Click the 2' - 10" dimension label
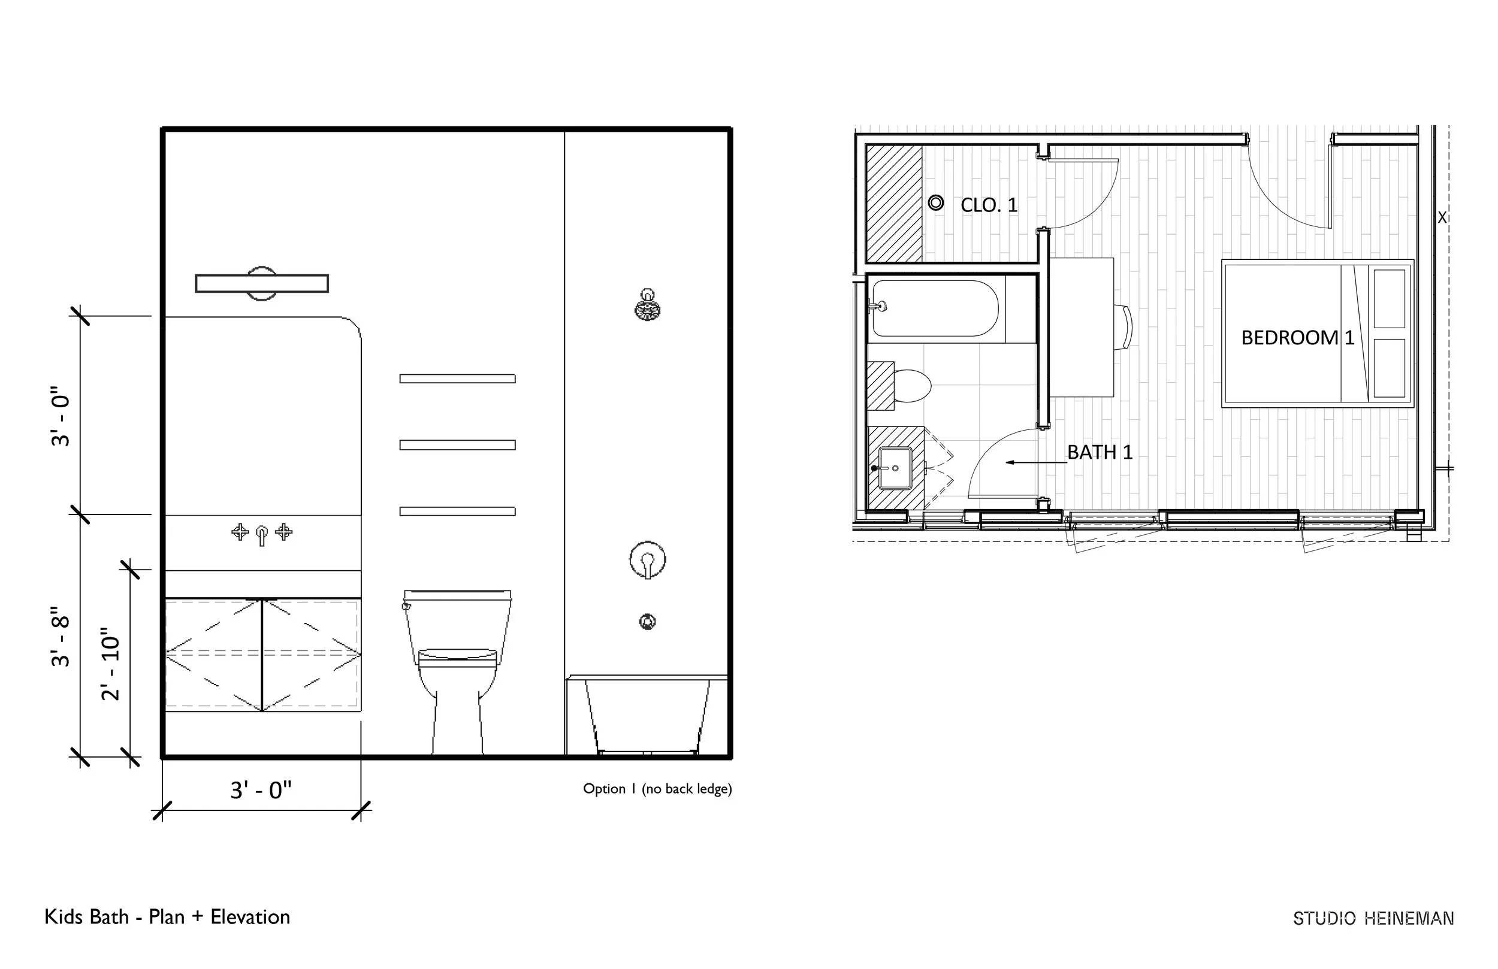pos(110,664)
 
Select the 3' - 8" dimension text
pos(61,637)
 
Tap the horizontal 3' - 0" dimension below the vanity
pos(261,790)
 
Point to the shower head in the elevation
pos(648,307)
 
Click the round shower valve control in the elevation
pos(648,559)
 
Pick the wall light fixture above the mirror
pos(262,283)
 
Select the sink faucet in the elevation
pos(262,534)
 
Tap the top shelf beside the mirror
pos(458,378)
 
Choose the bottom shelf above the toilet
pos(458,511)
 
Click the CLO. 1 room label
pos(989,205)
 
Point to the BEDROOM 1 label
pos(1297,338)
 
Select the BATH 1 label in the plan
pos(1100,452)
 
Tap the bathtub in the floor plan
pos(935,308)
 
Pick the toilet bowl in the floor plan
pos(911,385)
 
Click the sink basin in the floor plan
pos(895,468)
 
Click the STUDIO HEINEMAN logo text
pos(1373,919)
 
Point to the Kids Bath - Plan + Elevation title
pos(167,917)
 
